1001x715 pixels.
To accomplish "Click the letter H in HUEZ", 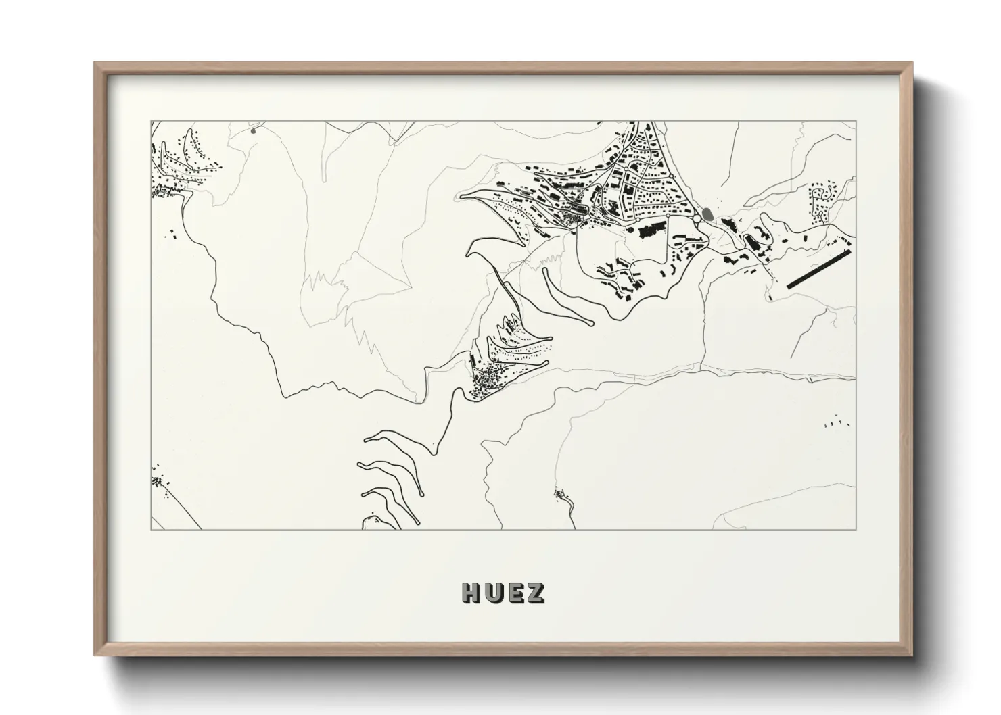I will pyautogui.click(x=472, y=593).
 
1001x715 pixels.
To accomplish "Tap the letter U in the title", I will pyautogui.click(x=494, y=593).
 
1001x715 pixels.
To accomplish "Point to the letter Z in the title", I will pyautogui.click(x=535, y=593).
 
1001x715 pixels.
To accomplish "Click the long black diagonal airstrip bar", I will pyautogui.click(x=816, y=270).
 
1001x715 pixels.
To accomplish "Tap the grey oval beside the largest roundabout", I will pyautogui.click(x=707, y=214).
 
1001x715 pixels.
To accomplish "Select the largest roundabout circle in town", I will pyautogui.click(x=697, y=220).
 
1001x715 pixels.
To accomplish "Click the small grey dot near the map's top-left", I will pyautogui.click(x=253, y=130).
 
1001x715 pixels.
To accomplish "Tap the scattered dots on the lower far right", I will pyautogui.click(x=836, y=423).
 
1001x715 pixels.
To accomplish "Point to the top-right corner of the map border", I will pyautogui.click(x=856, y=122).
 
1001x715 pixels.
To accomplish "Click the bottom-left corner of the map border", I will pyautogui.click(x=151, y=529).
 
